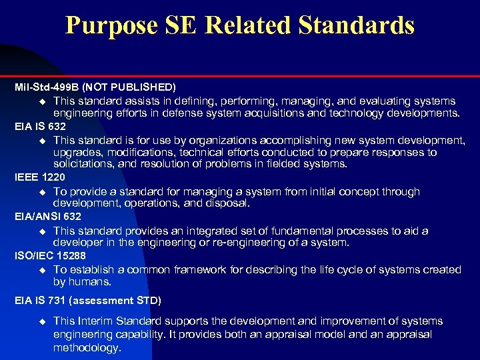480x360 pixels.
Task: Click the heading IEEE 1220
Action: click(x=40, y=178)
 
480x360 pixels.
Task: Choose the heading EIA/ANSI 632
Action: click(x=48, y=217)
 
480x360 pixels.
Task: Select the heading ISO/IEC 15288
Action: click(x=50, y=256)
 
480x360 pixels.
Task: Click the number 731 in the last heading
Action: click(x=59, y=301)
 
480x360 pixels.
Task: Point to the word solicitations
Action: click(x=83, y=164)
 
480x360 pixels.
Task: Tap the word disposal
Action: click(x=227, y=203)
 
